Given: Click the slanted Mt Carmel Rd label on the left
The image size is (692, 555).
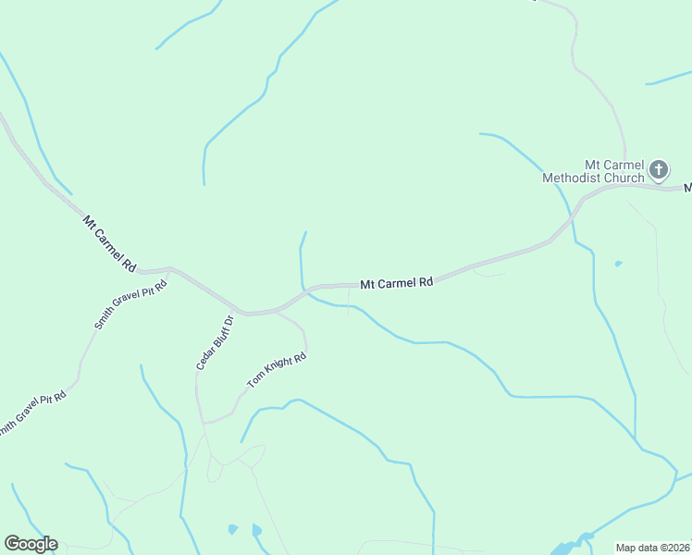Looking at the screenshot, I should click(x=109, y=243).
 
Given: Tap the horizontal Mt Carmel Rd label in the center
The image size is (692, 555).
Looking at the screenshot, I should click(x=396, y=283).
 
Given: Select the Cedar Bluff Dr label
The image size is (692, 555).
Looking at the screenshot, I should click(x=214, y=341).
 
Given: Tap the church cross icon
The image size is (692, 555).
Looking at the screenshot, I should click(x=658, y=169).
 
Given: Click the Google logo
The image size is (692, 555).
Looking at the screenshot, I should click(x=31, y=544).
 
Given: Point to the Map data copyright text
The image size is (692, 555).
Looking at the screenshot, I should click(x=653, y=548).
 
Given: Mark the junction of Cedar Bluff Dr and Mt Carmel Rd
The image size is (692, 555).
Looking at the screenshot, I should click(x=239, y=312).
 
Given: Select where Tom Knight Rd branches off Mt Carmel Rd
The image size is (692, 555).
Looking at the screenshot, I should click(x=278, y=312).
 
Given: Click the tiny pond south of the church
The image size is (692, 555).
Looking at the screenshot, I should click(x=618, y=264).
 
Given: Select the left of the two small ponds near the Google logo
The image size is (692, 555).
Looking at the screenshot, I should click(x=232, y=530).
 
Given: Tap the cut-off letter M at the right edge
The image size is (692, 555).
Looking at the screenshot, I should click(x=687, y=188).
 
